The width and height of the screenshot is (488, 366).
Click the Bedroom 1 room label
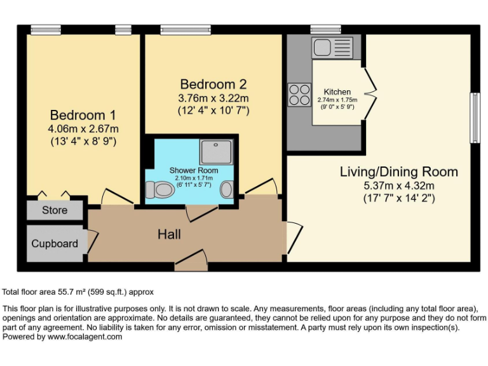tap(83, 115)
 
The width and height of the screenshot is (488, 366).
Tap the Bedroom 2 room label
tap(213, 84)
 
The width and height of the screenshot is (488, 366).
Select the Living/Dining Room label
tap(398, 172)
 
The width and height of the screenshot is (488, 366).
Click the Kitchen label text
tap(337, 92)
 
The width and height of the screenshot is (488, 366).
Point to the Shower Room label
tap(193, 170)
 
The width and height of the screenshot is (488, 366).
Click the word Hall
tap(169, 234)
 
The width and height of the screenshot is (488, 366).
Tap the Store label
tap(55, 210)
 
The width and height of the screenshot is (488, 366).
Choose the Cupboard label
tap(55, 243)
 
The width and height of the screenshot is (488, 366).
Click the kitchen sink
tap(330, 46)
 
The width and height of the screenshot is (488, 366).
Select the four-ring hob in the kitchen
tap(297, 95)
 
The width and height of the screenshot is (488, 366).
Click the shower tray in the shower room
tap(218, 151)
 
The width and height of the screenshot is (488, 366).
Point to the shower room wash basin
tap(227, 189)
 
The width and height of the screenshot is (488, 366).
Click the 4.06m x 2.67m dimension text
tap(83, 129)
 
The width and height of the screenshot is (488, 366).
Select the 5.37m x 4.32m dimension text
tap(398, 186)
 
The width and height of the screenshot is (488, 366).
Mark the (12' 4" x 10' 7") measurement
tap(213, 110)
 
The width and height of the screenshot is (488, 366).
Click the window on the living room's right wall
tap(473, 118)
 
